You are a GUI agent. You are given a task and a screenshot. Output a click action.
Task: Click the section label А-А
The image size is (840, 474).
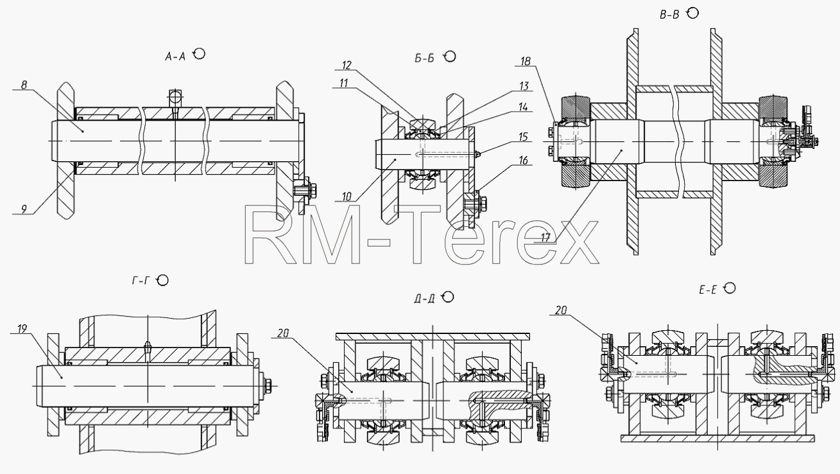[175, 57]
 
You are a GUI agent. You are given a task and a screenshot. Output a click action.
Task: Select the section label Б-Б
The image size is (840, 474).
[425, 58]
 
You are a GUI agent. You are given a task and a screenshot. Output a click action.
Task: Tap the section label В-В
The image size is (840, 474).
[669, 15]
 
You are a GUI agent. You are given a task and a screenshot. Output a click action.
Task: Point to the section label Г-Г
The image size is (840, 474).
[141, 281]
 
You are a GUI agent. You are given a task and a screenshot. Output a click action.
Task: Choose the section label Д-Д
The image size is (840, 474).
[425, 299]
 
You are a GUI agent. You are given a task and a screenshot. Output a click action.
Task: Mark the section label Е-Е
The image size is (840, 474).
[708, 290]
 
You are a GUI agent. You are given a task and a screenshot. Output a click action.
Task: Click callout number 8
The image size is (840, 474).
[24, 85]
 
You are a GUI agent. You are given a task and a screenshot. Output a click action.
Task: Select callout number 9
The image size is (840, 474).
[24, 209]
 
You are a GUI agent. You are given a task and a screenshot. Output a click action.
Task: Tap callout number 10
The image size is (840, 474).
[347, 197]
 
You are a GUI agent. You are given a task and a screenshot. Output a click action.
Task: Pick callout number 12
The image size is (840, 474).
[347, 66]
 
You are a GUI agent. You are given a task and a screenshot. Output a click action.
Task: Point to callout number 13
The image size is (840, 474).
[524, 86]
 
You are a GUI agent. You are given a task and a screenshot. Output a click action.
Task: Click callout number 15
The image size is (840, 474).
[523, 137]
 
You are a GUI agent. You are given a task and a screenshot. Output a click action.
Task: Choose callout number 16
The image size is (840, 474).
[523, 161]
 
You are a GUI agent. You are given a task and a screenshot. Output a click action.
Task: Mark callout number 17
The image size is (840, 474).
[545, 238]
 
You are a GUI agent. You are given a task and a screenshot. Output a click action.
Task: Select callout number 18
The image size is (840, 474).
[526, 61]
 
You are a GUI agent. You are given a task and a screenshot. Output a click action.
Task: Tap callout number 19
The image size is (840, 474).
[22, 329]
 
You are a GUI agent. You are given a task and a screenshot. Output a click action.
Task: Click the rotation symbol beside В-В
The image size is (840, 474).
[693, 13]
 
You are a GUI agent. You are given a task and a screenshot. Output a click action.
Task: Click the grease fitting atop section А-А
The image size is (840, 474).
[175, 99]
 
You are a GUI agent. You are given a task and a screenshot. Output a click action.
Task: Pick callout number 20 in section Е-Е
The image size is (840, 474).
[561, 310]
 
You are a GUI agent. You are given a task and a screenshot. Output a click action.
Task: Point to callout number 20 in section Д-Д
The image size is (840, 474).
[283, 333]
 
